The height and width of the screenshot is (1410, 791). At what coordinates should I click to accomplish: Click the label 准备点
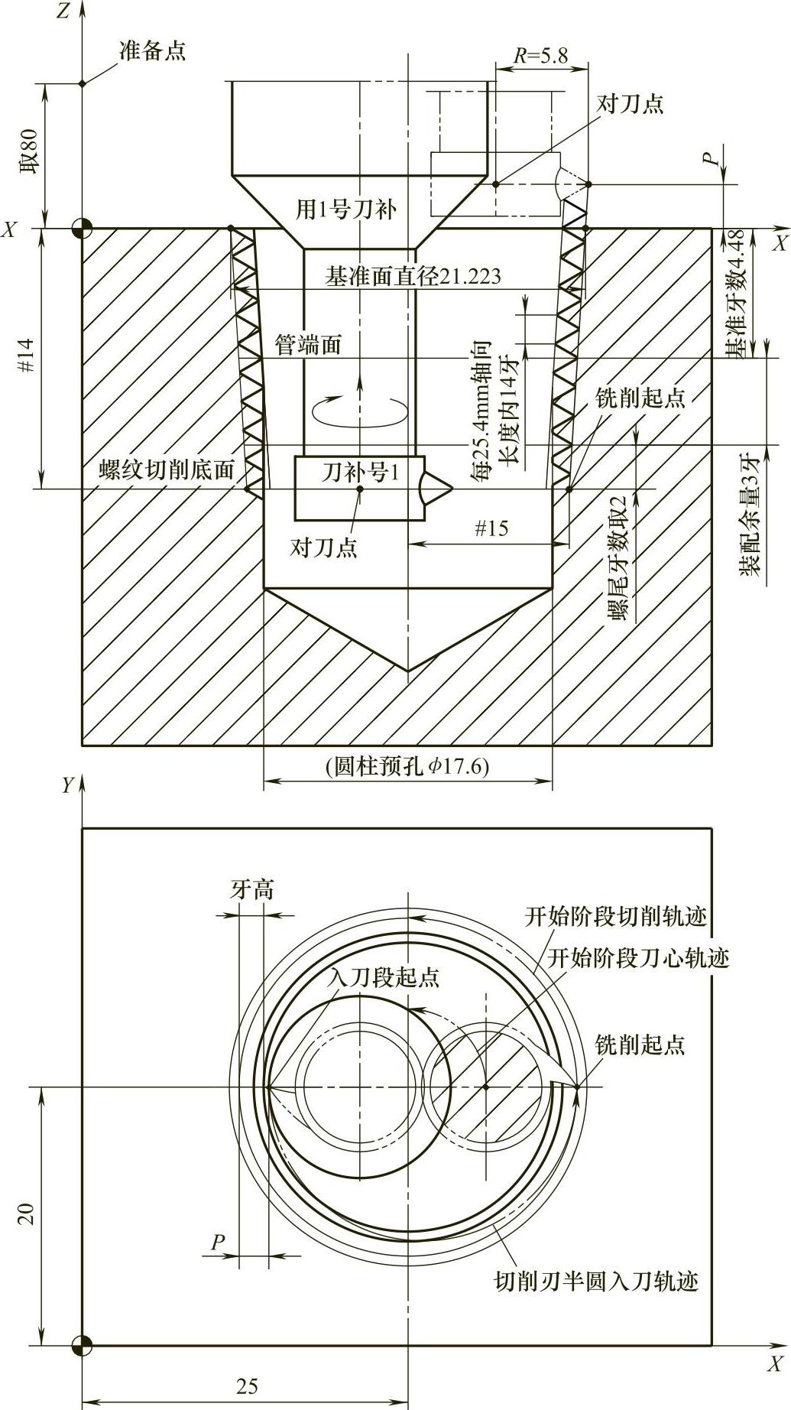coord(152,51)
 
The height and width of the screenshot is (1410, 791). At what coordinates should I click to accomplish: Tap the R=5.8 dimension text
coord(540,55)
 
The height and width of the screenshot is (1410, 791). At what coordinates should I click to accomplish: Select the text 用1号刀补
coord(346,209)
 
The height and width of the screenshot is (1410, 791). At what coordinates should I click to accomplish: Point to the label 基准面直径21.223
coord(413,276)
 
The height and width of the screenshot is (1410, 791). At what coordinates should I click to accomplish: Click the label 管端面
coord(307,346)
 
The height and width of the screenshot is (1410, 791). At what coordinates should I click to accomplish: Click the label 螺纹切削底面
coord(167,469)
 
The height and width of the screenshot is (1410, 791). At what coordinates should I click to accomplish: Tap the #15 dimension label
coord(491,528)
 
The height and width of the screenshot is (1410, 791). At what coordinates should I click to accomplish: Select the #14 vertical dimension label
coord(28,356)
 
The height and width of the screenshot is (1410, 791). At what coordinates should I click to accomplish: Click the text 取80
coord(28,156)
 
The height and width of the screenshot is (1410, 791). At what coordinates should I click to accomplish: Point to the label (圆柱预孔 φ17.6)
coord(407,766)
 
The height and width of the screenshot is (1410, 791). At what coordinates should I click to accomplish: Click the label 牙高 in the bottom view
coord(252,890)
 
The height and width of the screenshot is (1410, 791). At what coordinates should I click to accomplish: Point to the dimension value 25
coord(247,1386)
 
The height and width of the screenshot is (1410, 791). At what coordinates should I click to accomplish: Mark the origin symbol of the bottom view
coord(82,1345)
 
